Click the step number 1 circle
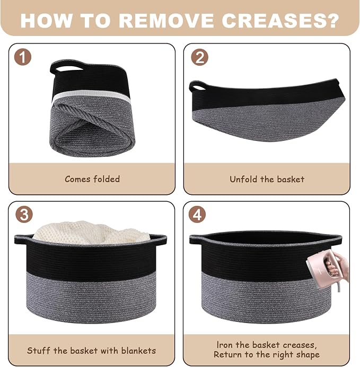(x=23, y=57)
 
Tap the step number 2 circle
(x=199, y=57)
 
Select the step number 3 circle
(x=24, y=214)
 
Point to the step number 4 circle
(x=197, y=214)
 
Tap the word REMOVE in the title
(x=166, y=21)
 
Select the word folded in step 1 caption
(x=107, y=179)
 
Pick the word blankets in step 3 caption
(x=138, y=351)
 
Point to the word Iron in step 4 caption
(x=224, y=345)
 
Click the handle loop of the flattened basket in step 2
(x=197, y=87)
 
